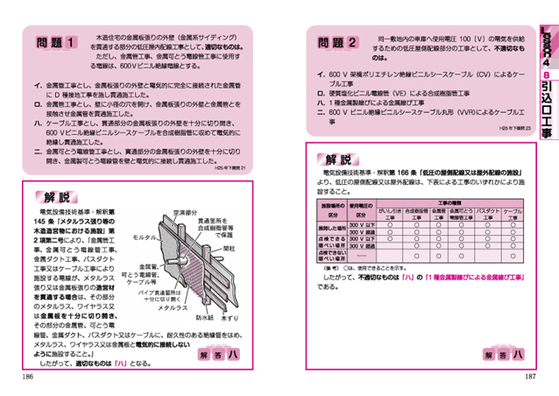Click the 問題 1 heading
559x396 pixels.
57,42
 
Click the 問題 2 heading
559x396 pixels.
336,41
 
